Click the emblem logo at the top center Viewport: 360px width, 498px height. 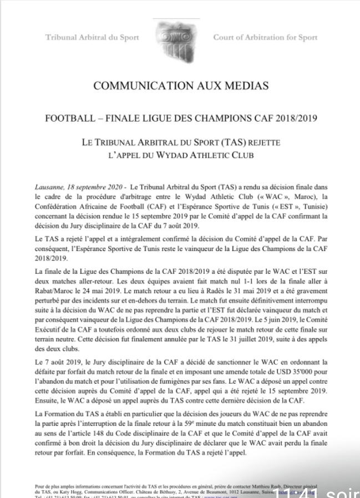click(x=179, y=38)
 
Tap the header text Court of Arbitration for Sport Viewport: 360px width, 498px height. click(x=265, y=38)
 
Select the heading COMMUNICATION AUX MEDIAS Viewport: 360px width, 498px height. click(x=180, y=86)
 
